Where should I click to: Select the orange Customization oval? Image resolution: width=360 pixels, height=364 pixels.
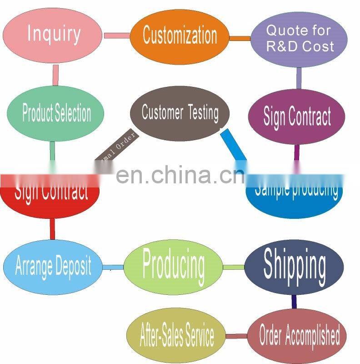pyautogui.click(x=180, y=35)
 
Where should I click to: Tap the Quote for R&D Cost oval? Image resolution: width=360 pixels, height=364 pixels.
pyautogui.click(x=299, y=39)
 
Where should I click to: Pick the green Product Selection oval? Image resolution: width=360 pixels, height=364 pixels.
pyautogui.click(x=56, y=113)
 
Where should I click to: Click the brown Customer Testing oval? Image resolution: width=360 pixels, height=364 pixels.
pyautogui.click(x=180, y=113)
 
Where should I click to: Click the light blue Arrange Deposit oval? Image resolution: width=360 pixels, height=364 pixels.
pyautogui.click(x=53, y=266)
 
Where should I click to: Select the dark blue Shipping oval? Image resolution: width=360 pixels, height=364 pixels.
pyautogui.click(x=294, y=265)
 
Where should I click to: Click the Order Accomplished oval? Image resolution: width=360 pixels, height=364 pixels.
pyautogui.click(x=299, y=336)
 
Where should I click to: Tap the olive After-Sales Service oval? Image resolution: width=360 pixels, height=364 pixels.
pyautogui.click(x=176, y=336)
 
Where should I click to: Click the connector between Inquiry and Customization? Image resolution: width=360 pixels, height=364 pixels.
pyautogui.click(x=117, y=35)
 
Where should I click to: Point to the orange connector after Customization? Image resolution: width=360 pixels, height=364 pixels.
pyautogui.click(x=240, y=38)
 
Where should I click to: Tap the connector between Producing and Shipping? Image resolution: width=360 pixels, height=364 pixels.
pyautogui.click(x=234, y=266)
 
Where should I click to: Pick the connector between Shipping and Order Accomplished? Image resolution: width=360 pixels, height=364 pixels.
pyautogui.click(x=294, y=301)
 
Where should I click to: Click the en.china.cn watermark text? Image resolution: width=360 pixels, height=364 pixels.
pyautogui.click(x=177, y=175)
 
